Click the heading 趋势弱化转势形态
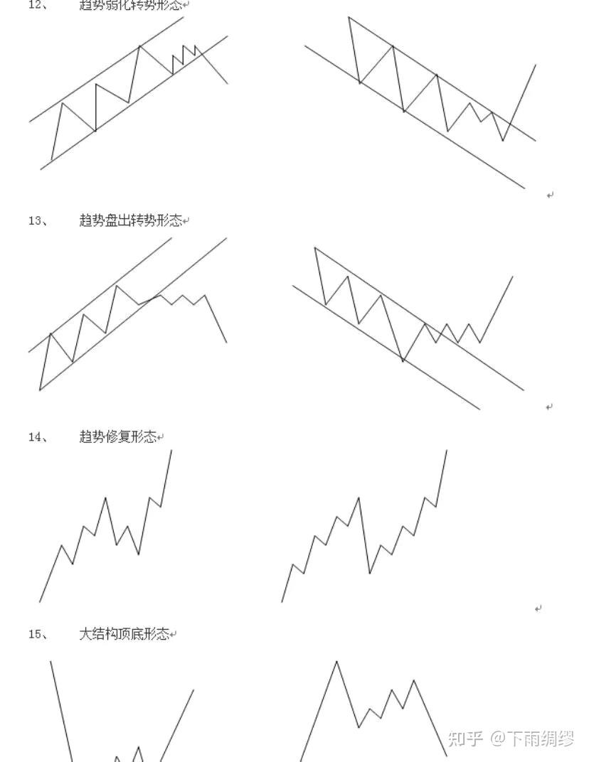click(130, 5)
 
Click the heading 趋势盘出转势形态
click(130, 220)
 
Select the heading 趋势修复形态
click(117, 437)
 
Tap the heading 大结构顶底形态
click(124, 634)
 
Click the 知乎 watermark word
click(466, 739)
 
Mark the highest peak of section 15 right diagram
click(336, 662)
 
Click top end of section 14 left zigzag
click(171, 450)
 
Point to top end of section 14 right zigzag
click(447, 450)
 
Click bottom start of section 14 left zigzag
click(40, 601)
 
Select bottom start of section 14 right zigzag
click(282, 601)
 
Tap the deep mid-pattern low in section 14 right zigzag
click(370, 573)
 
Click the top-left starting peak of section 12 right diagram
click(349, 17)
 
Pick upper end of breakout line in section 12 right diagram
click(535, 65)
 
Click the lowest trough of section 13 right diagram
click(403, 361)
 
